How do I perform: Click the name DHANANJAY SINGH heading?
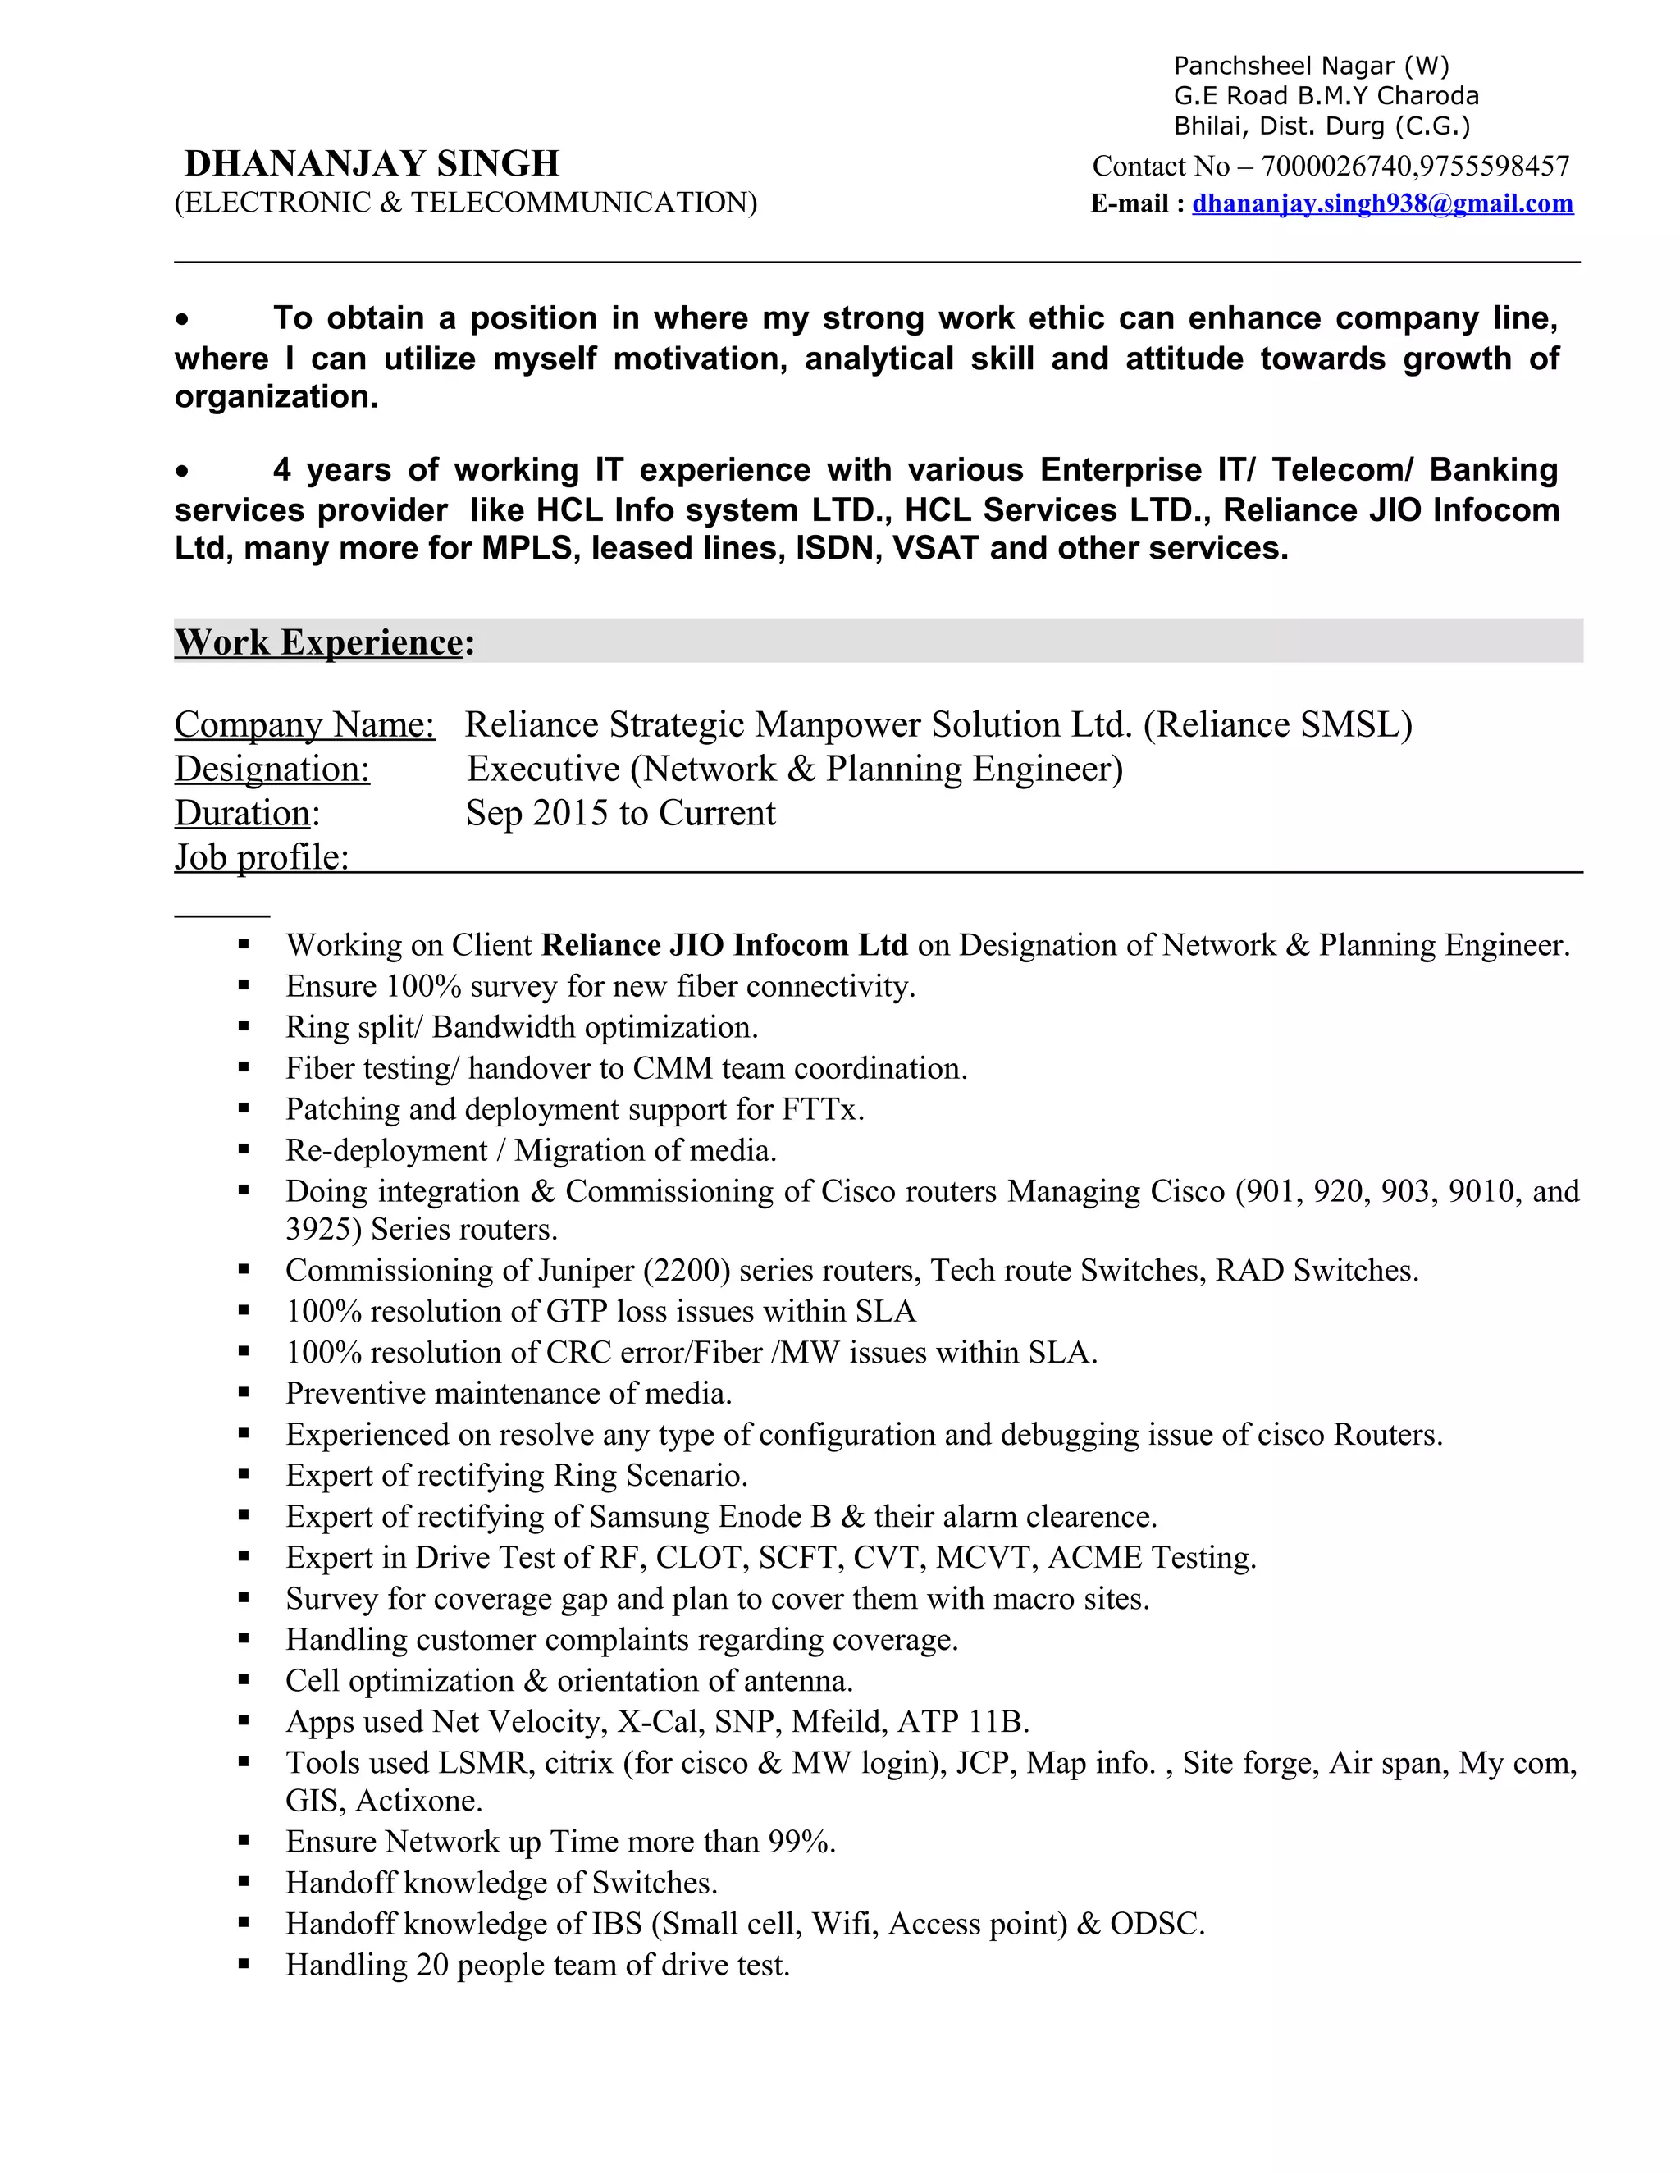372,163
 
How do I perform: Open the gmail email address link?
1382,203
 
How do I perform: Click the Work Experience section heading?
319,642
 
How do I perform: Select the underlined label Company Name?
304,724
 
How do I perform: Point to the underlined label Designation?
272,769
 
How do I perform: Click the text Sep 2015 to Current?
620,813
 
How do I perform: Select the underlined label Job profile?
262,857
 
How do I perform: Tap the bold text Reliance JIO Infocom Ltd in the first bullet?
724,944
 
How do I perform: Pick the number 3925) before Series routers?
323,1230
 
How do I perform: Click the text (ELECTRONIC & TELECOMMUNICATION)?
466,203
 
